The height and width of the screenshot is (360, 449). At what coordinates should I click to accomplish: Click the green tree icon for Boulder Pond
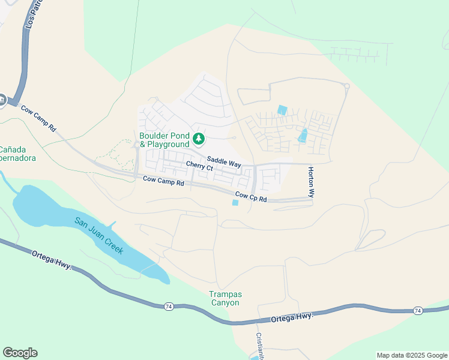tap(199, 140)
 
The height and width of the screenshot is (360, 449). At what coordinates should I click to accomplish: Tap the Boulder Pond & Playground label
tap(164, 140)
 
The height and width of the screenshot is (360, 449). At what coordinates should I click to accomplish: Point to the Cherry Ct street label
tap(199, 166)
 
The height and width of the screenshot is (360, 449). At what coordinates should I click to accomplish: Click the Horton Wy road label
tap(311, 182)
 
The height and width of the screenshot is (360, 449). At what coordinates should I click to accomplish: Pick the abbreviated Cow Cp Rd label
tap(251, 196)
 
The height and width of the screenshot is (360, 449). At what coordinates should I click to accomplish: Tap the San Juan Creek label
tap(99, 235)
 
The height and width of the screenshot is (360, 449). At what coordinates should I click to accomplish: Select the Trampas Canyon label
tap(224, 298)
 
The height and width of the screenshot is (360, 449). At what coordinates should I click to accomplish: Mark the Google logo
tap(20, 353)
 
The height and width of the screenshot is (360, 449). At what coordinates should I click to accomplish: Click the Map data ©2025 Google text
tap(412, 355)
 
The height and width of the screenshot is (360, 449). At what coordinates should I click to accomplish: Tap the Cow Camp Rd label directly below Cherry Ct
tap(163, 180)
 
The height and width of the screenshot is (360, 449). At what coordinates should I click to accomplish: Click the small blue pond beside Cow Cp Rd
tap(235, 203)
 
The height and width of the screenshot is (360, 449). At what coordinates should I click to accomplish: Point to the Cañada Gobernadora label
tap(17, 154)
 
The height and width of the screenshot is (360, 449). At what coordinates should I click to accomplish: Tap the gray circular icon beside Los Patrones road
tap(2, 100)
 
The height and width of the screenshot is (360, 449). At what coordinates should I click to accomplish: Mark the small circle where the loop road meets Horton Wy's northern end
tap(347, 86)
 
